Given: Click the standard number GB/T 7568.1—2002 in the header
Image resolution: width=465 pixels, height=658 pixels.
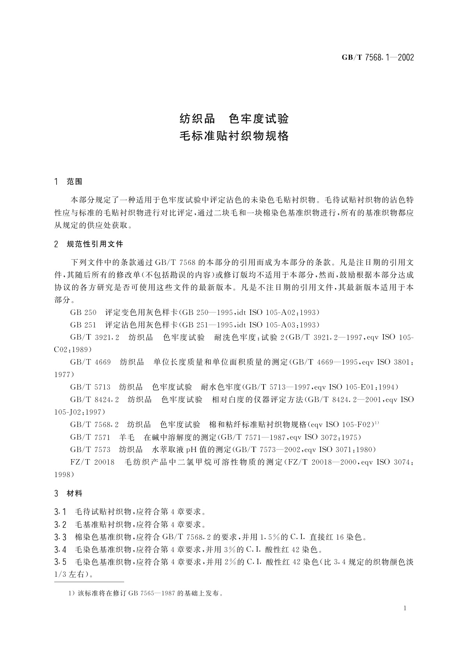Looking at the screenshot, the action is (x=378, y=57).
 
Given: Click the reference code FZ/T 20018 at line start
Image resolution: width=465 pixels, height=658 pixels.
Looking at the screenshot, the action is (x=93, y=462).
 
